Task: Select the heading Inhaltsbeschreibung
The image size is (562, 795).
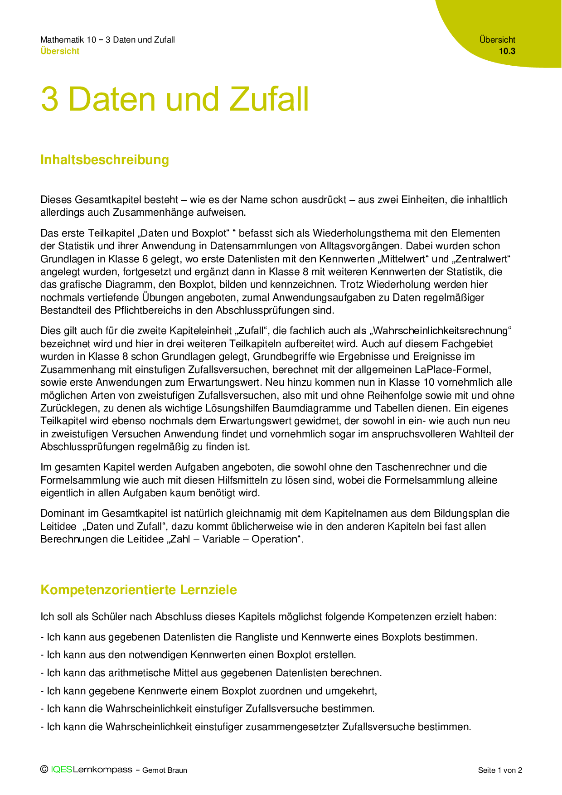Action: point(105,160)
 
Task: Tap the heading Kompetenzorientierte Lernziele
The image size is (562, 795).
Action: point(139,590)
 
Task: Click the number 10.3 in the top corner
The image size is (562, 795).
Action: point(507,51)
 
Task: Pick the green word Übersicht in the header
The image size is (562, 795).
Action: point(60,51)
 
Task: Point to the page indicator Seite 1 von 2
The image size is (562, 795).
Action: point(500,770)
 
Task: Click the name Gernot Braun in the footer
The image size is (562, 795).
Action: point(165,770)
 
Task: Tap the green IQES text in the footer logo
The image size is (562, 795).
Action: point(61,770)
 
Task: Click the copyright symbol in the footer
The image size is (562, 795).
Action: point(44,769)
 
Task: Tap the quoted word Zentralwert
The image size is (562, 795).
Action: point(476,259)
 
